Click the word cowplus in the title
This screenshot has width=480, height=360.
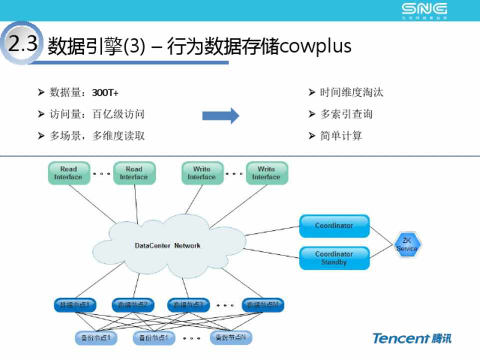pyautogui.click(x=315, y=46)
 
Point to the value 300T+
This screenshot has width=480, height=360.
pyautogui.click(x=105, y=93)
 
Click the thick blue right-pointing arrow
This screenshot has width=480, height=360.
pyautogui.click(x=220, y=115)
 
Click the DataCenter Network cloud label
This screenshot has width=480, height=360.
pyautogui.click(x=167, y=245)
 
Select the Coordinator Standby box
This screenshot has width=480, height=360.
pyautogui.click(x=334, y=258)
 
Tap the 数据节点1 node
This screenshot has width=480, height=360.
pyautogui.click(x=75, y=304)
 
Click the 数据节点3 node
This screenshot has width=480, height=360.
pyautogui.click(x=188, y=304)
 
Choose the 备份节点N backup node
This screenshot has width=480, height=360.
pyautogui.click(x=231, y=338)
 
